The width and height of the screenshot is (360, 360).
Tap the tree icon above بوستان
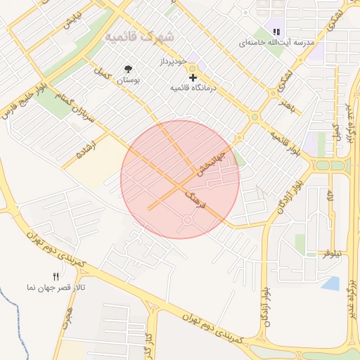click(x=128, y=69)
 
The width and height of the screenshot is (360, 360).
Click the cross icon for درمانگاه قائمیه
click(x=193, y=77)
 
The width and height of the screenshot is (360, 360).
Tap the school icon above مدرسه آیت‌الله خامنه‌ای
click(x=276, y=32)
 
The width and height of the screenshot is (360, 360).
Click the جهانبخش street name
click(x=211, y=162)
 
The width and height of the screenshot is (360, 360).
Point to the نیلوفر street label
click(x=332, y=252)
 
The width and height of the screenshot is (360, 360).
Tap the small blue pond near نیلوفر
click(x=330, y=283)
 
